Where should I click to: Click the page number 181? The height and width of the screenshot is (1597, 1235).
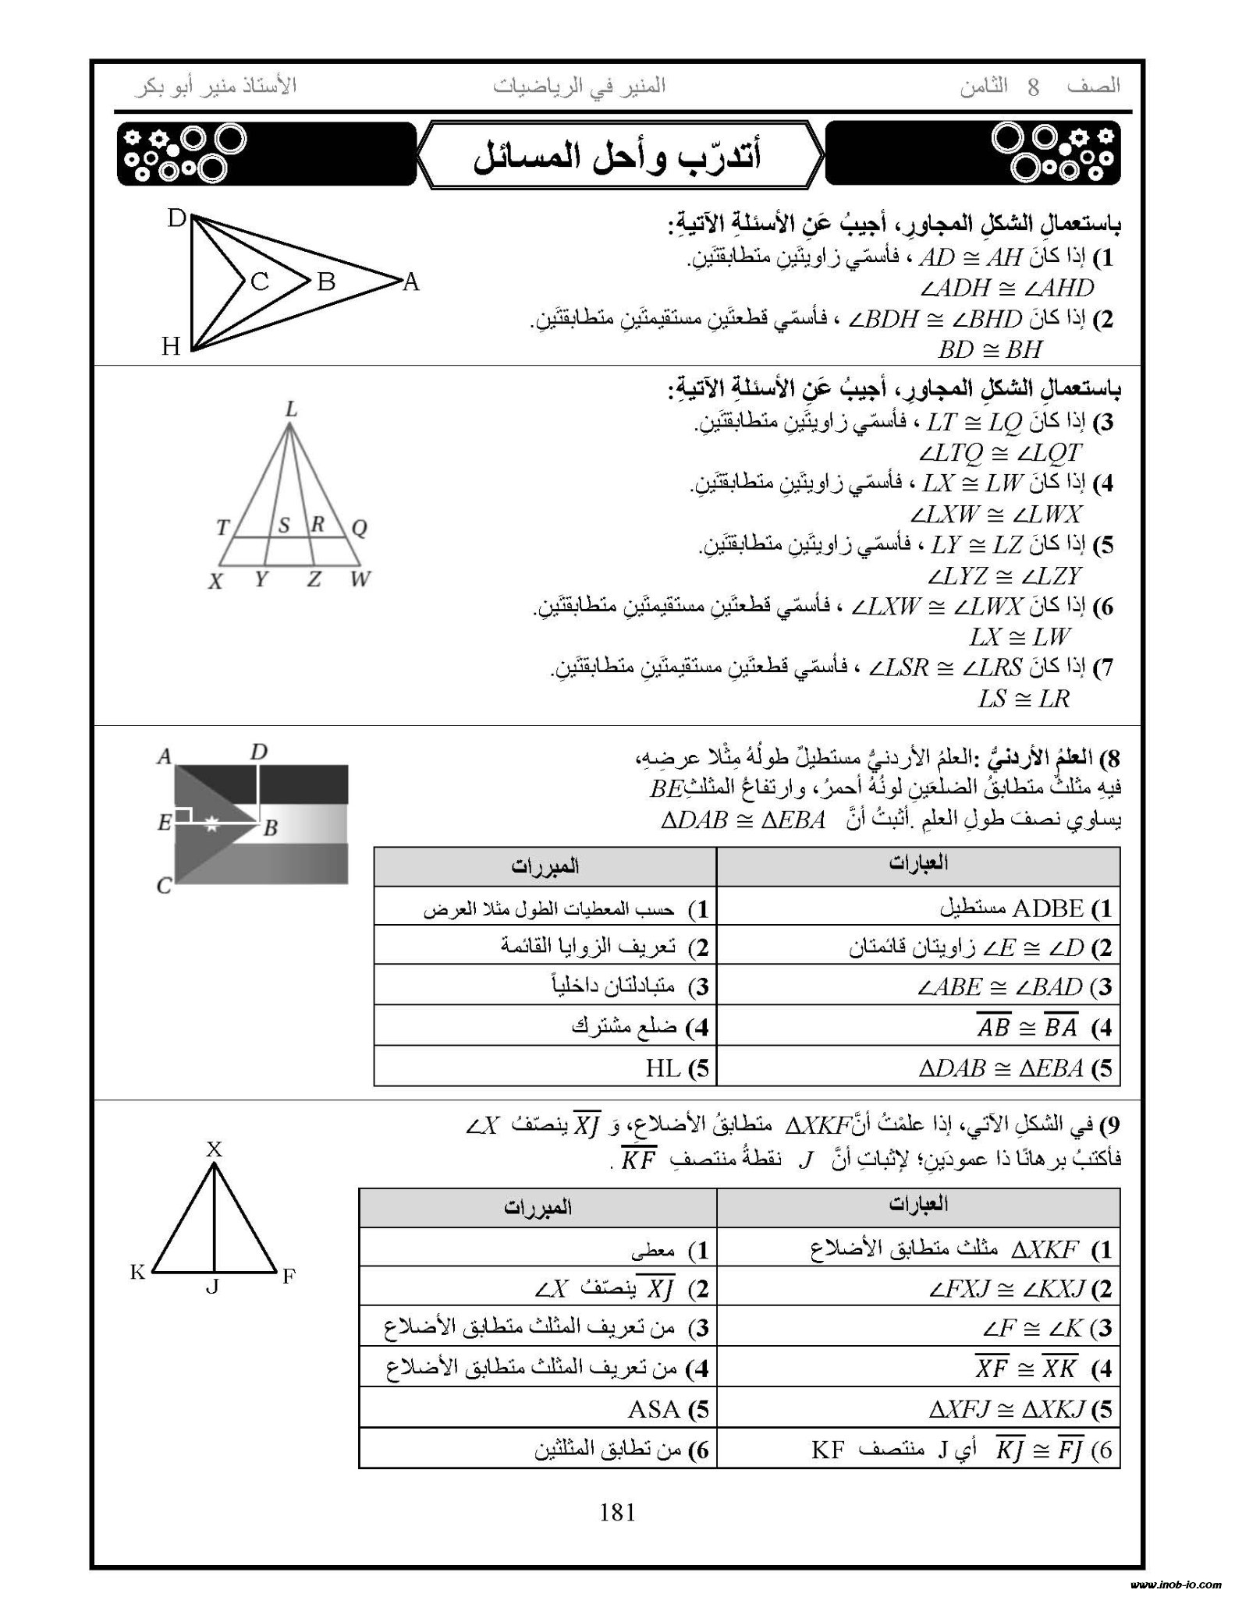coord(617,1513)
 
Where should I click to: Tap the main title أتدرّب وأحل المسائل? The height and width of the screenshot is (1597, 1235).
coord(618,156)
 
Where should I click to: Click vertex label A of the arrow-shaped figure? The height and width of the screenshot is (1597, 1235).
coord(411,282)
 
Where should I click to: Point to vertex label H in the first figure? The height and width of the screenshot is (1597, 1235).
coord(171,346)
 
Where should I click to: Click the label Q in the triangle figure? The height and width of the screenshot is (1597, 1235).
coord(359,529)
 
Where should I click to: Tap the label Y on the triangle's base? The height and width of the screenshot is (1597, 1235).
coord(261,579)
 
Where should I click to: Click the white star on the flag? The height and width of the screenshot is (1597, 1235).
coord(211,823)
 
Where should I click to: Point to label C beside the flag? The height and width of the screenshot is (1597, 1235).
coord(164,886)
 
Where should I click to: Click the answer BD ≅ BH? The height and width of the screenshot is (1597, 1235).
coord(990,349)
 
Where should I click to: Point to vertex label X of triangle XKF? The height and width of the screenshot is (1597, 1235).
coord(214,1148)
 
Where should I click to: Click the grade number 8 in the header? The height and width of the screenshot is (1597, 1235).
coord(1033,87)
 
